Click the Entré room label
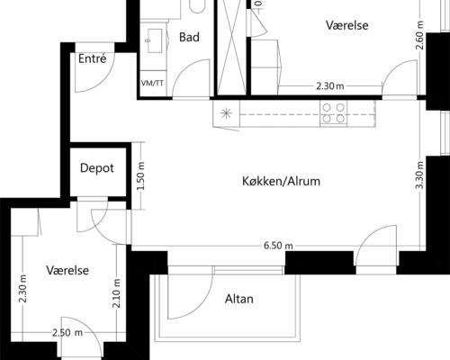[93, 58]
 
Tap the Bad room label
[189, 37]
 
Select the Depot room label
[97, 168]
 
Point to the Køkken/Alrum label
[281, 181]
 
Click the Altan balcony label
[239, 299]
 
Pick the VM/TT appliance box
[153, 84]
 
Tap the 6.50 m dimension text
[278, 246]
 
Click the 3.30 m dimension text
[420, 175]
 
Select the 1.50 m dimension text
[140, 176]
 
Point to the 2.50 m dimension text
[67, 333]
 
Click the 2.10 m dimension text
[117, 293]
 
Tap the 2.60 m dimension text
[420, 35]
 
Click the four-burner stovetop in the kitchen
[333, 113]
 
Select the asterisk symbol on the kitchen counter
[226, 113]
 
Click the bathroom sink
[155, 40]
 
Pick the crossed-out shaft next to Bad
[232, 48]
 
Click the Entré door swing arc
[102, 79]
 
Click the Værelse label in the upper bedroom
[347, 25]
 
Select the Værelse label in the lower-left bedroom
[67, 271]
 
